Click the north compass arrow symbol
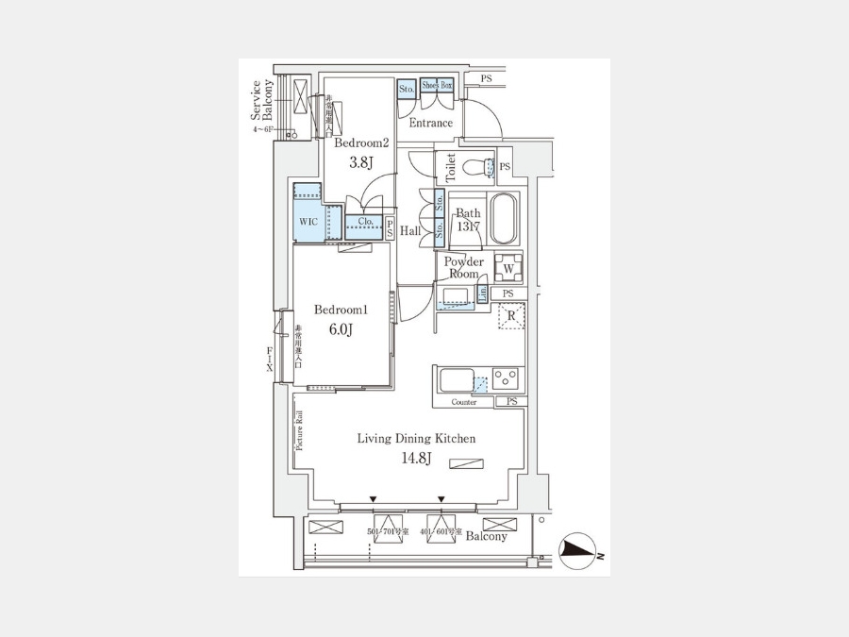[578, 551]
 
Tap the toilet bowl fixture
[487, 168]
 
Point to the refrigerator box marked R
[510, 315]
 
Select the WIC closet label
[308, 222]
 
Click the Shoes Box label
[437, 86]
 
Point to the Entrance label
[431, 123]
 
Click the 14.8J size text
[416, 459]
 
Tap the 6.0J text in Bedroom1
[340, 329]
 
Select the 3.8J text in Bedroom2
[361, 162]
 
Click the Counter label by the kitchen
[464, 402]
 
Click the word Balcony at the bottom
[487, 536]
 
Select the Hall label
[410, 231]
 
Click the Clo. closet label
[365, 223]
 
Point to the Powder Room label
[464, 267]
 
